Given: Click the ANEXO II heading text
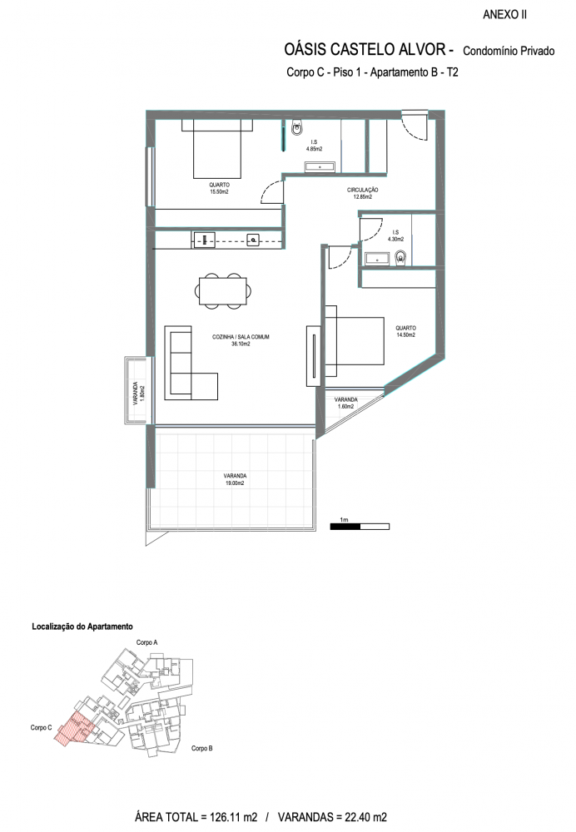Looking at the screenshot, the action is [504, 15].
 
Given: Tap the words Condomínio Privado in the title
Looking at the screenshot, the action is [509, 51].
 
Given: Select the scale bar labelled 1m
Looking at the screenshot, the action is [360, 527].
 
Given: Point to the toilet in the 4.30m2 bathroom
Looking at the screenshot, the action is [401, 257].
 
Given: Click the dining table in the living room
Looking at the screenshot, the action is [223, 290].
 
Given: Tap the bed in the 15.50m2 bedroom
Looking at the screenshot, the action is [216, 149].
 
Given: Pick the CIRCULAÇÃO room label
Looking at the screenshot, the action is [363, 190].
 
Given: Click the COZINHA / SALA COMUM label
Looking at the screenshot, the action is [241, 337].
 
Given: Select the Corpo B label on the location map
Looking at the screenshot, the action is [202, 748].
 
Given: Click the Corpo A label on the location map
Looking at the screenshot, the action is [147, 642].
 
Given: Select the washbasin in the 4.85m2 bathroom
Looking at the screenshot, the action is [320, 168].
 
